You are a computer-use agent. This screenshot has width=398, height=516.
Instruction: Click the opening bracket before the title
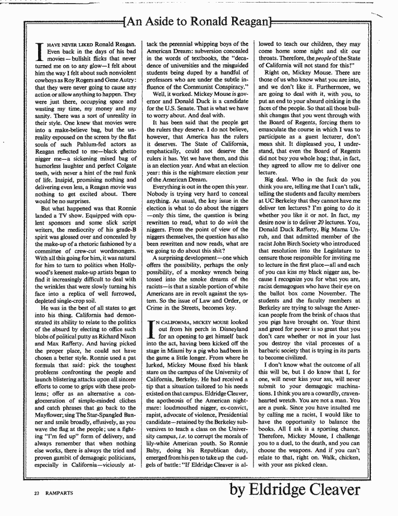click(124, 22)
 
